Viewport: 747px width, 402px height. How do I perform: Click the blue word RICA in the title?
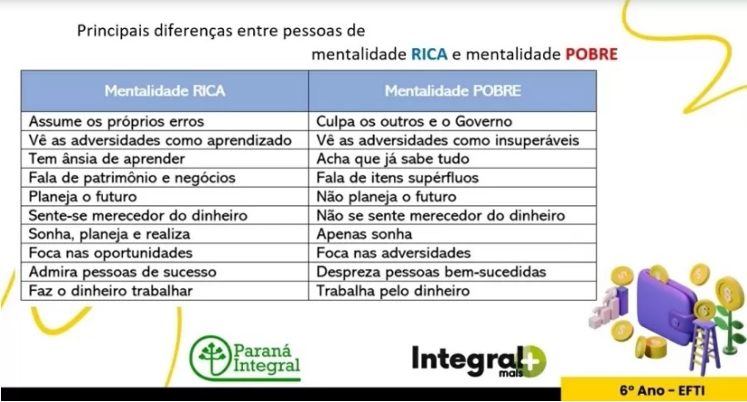(x=429, y=54)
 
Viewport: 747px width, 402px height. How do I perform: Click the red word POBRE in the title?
(x=591, y=54)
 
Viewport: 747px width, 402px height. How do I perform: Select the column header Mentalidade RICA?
(x=165, y=91)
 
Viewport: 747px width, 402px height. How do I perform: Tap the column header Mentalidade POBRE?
(x=452, y=91)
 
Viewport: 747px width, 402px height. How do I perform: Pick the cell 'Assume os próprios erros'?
(x=165, y=121)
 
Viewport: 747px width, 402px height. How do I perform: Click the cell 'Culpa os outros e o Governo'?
(x=452, y=121)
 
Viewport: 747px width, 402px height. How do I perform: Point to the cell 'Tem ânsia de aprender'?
(x=165, y=159)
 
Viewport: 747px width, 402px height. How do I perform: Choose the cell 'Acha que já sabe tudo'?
(x=452, y=159)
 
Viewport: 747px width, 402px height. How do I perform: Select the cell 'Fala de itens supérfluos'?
(x=452, y=178)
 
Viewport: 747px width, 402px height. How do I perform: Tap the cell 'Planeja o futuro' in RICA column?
(x=165, y=196)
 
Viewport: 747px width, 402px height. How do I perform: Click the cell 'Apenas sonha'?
(x=452, y=234)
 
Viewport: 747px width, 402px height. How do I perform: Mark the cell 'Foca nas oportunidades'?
(x=165, y=253)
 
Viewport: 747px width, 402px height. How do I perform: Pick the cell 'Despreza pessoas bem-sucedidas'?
(x=452, y=272)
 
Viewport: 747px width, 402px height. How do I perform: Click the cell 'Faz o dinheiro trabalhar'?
(x=165, y=291)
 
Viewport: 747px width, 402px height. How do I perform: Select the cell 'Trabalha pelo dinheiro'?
(x=452, y=291)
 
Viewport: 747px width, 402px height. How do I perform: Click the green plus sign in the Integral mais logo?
(x=532, y=361)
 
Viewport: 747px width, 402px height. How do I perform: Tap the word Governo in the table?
(x=483, y=121)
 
